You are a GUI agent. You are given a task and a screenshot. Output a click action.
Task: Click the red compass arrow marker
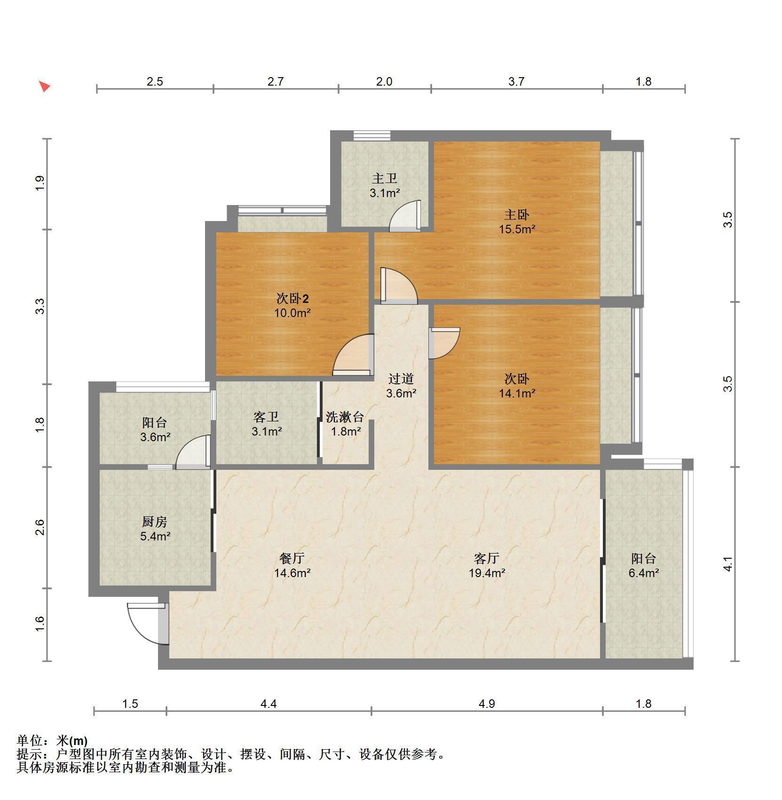pyautogui.click(x=44, y=87)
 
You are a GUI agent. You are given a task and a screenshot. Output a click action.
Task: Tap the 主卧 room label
pyautogui.click(x=516, y=215)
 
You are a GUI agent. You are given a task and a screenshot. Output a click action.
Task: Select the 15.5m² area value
pyautogui.click(x=517, y=230)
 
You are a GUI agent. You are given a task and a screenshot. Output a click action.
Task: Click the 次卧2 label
pyautogui.click(x=292, y=299)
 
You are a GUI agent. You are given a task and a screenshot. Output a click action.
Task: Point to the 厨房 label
pyautogui.click(x=155, y=522)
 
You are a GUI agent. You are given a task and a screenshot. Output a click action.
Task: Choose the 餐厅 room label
pyautogui.click(x=292, y=558)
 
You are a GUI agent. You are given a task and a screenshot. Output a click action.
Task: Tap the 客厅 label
pyautogui.click(x=486, y=558)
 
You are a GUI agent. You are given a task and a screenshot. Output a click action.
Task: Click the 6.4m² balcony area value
pyautogui.click(x=643, y=573)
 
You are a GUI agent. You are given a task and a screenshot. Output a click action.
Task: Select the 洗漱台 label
pyautogui.click(x=345, y=417)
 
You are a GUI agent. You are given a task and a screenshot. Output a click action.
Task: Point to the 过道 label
pyautogui.click(x=401, y=379)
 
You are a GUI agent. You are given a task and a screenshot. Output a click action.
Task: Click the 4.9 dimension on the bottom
pyautogui.click(x=487, y=704)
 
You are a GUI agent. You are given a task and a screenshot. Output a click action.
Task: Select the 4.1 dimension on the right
pyautogui.click(x=728, y=564)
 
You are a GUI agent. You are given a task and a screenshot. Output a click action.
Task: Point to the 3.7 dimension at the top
pyautogui.click(x=516, y=81)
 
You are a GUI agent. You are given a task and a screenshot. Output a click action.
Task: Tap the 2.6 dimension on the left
pyautogui.click(x=40, y=527)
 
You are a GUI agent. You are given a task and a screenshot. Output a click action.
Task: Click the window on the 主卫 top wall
pyautogui.click(x=371, y=135)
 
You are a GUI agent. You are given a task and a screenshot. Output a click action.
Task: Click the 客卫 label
pyautogui.click(x=266, y=417)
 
